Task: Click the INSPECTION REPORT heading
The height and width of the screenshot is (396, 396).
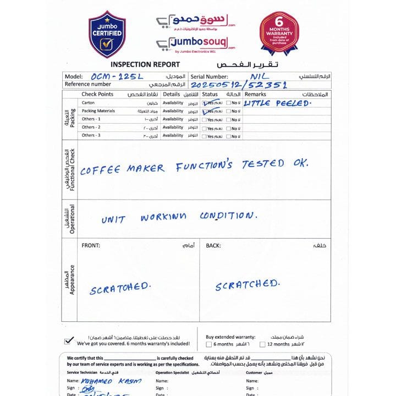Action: (137, 64)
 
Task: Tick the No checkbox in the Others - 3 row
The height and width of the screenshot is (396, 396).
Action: (228, 135)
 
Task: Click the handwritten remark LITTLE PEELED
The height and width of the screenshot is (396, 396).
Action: (277, 103)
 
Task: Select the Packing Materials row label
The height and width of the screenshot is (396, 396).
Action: (98, 111)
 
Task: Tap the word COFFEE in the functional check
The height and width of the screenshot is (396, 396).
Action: (100, 170)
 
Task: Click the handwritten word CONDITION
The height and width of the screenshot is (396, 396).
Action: (227, 216)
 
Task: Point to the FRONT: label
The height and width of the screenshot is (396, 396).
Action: (91, 245)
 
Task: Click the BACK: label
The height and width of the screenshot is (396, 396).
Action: (213, 245)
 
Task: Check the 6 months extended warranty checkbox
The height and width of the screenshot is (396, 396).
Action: (209, 345)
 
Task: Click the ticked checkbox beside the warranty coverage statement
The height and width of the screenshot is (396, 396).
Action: (68, 341)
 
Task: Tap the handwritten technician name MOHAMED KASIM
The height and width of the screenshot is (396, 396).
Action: (111, 381)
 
